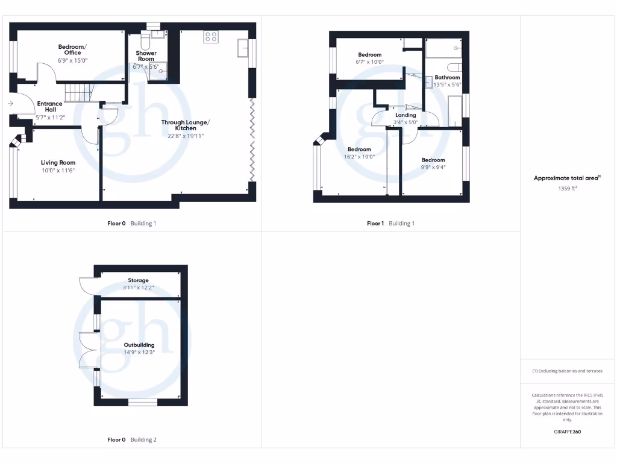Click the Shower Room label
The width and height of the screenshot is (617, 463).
pos(146,56)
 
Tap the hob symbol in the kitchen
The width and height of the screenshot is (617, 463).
pos(211,37)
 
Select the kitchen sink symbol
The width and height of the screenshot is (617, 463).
pos(244,48)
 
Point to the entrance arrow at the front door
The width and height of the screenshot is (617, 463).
pos(11,104)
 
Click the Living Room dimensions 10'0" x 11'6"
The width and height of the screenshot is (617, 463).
pos(58,171)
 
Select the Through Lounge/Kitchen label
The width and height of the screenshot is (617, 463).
pos(186,125)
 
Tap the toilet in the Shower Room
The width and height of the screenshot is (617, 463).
pos(145,42)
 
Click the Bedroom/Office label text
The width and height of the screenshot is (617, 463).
pos(72,50)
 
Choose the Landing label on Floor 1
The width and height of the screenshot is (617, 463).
pos(405,115)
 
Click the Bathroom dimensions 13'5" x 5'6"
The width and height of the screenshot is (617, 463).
pos(447,85)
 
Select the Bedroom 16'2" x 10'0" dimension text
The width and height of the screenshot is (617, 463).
pos(359,157)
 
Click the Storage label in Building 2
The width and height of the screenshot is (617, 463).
pos(138,280)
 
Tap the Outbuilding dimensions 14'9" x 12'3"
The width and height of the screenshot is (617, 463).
pos(139,352)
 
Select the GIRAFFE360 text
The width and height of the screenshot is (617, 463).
pos(567,432)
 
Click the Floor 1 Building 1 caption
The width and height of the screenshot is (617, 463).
pos(390,224)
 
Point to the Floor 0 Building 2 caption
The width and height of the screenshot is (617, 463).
pos(131,440)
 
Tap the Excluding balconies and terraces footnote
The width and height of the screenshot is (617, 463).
pos(567,371)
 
